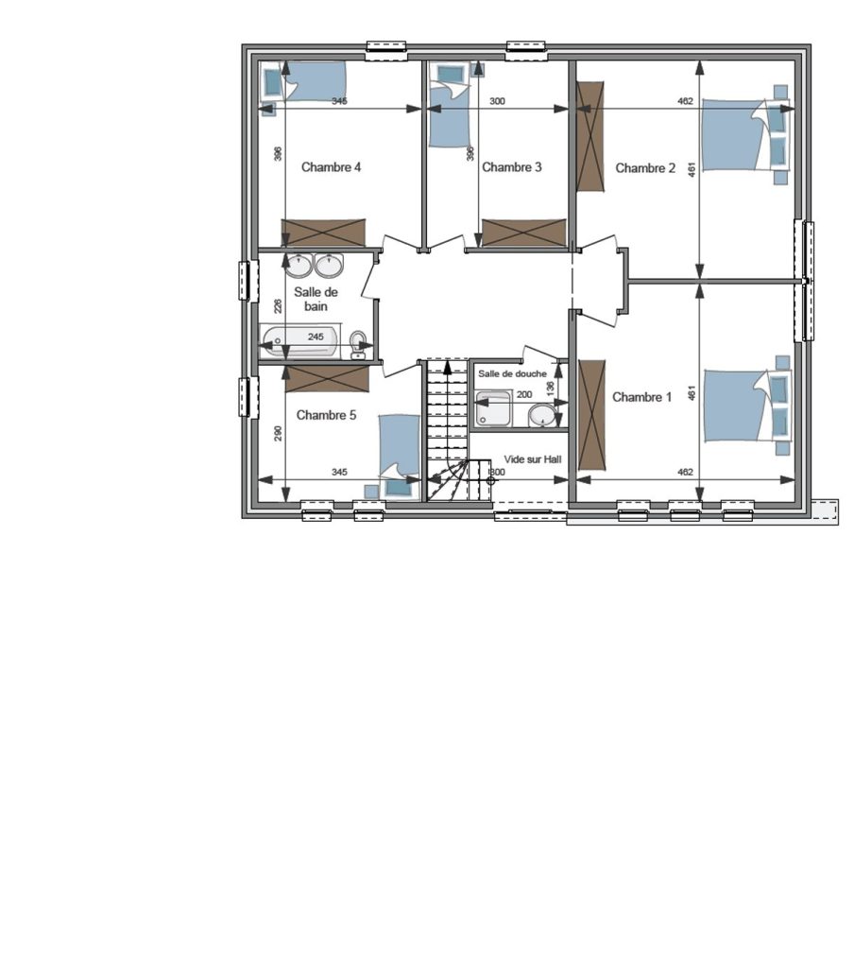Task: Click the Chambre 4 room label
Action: tap(331, 166)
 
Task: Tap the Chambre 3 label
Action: tap(511, 166)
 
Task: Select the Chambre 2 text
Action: tap(645, 168)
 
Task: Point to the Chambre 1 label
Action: tap(641, 397)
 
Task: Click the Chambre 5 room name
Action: tap(326, 415)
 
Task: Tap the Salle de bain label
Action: tap(316, 299)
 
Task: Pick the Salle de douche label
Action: tap(512, 373)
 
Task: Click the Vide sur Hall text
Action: tap(533, 459)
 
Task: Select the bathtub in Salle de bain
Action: tap(299, 340)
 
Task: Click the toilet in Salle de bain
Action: tap(357, 344)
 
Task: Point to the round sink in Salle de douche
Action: tap(542, 416)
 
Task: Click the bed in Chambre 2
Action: tap(745, 134)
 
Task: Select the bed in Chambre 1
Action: tap(746, 406)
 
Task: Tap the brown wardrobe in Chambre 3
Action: tap(524, 233)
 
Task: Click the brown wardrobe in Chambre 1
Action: tap(591, 415)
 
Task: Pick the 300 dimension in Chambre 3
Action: tap(497, 100)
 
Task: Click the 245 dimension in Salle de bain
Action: tap(316, 337)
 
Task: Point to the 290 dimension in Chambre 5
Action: tap(278, 434)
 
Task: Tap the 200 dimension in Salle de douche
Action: tap(524, 394)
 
